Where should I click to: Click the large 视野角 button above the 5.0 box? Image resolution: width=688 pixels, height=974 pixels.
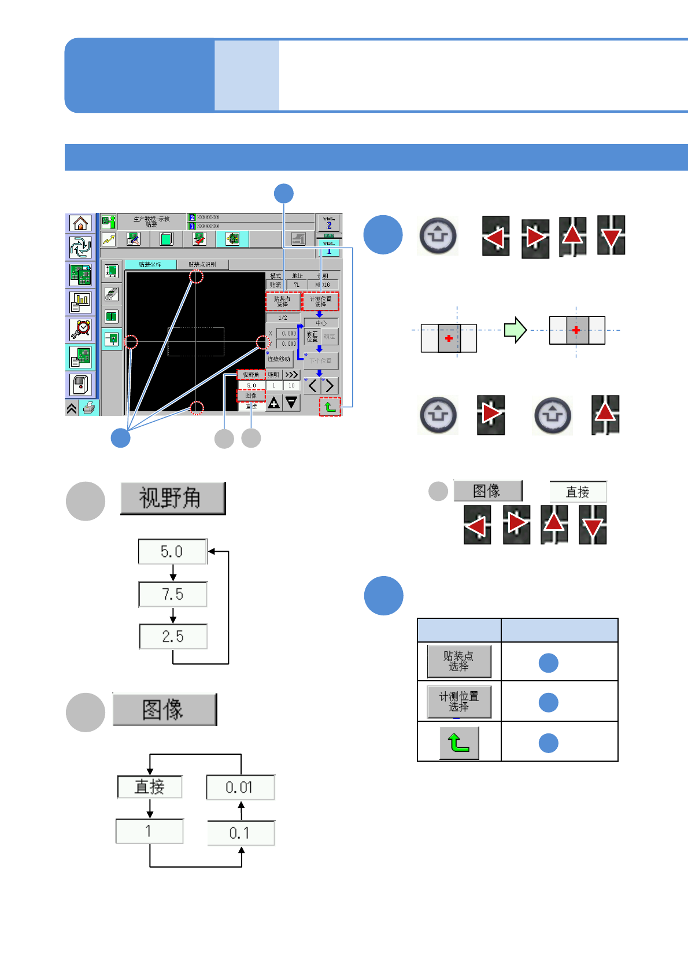pyautogui.click(x=172, y=498)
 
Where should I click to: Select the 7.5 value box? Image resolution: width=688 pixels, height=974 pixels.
pyautogui.click(x=173, y=595)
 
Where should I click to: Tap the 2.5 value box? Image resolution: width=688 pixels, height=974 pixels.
pyautogui.click(x=173, y=637)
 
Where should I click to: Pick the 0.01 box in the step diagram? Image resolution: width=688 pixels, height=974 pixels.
pyautogui.click(x=240, y=787)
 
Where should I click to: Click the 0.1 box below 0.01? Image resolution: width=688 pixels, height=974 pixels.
pyautogui.click(x=241, y=833)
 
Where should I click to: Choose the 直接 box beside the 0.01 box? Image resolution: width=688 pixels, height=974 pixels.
pyautogui.click(x=150, y=787)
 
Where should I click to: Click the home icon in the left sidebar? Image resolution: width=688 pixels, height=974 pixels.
pyautogui.click(x=81, y=223)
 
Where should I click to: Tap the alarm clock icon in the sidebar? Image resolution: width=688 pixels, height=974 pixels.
pyautogui.click(x=81, y=329)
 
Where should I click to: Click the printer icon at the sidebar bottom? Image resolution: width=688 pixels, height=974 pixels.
pyautogui.click(x=88, y=408)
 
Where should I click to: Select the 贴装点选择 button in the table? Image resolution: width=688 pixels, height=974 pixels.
pyautogui.click(x=459, y=661)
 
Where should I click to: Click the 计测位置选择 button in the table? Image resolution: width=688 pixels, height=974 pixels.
pyautogui.click(x=459, y=702)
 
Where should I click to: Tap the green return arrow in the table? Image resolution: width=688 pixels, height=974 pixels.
pyautogui.click(x=459, y=743)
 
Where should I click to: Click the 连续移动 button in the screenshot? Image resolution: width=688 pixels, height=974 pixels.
pyautogui.click(x=279, y=359)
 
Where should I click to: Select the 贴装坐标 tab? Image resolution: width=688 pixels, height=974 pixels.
pyautogui.click(x=150, y=264)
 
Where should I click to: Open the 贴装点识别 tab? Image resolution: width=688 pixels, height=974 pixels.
pyautogui.click(x=202, y=264)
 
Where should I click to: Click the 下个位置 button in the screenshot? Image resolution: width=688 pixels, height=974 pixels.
pyautogui.click(x=320, y=360)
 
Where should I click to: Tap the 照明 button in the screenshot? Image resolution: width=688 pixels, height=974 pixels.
pyautogui.click(x=273, y=375)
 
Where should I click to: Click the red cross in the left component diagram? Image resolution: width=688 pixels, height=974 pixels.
pyautogui.click(x=449, y=338)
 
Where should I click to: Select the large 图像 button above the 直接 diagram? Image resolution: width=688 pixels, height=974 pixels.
pyautogui.click(x=164, y=709)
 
